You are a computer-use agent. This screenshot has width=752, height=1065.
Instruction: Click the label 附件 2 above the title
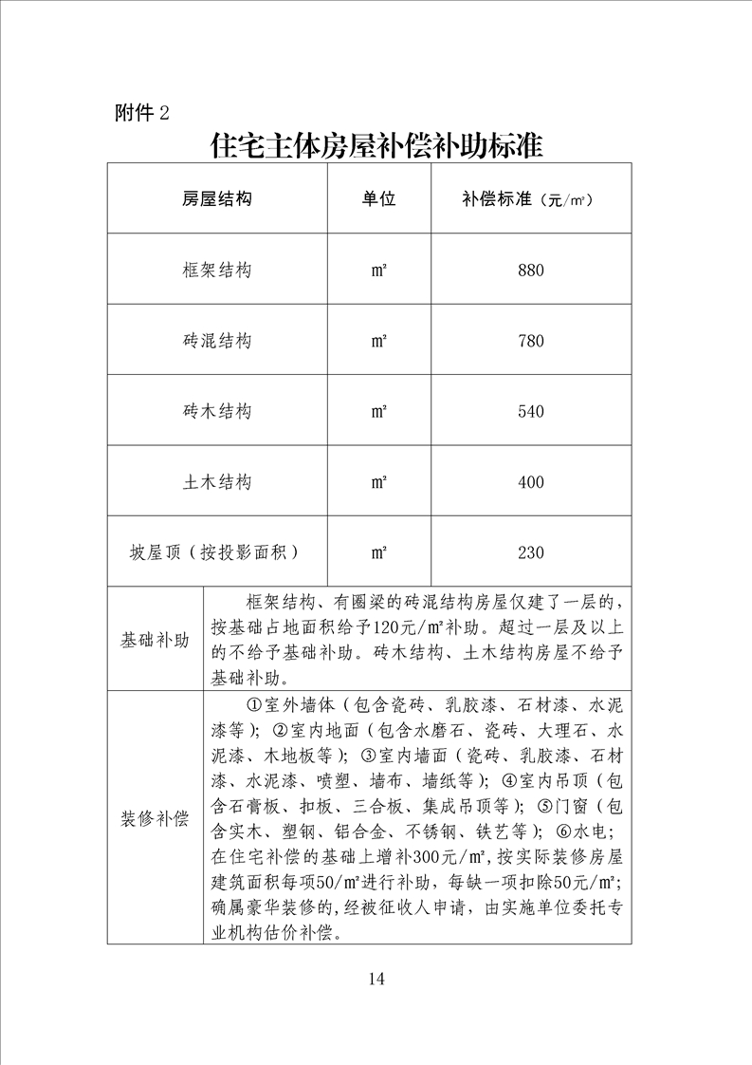141,113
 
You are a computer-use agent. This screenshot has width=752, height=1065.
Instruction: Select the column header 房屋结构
217,199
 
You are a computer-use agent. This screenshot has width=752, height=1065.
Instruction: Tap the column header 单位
378,199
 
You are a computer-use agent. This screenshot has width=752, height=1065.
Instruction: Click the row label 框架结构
217,271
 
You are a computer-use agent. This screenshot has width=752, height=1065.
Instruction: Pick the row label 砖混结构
217,341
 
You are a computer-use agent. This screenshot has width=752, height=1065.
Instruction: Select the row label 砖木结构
217,412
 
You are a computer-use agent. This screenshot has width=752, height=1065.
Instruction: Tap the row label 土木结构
217,482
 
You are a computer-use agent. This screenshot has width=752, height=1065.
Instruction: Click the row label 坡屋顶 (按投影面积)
217,552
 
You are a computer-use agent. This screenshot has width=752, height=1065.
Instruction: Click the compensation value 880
531,271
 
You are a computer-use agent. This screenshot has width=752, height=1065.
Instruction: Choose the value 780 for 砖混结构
531,341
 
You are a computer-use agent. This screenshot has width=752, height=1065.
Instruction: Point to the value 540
531,412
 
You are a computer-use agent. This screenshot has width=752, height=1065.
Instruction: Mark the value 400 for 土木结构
531,482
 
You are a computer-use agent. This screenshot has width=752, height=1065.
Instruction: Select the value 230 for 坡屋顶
531,552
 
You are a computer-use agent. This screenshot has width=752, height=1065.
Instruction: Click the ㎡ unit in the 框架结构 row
378,271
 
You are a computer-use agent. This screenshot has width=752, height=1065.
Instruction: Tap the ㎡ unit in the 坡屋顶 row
378,552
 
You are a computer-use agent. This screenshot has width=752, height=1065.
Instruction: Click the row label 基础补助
155,640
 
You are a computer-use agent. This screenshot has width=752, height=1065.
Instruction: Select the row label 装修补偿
155,819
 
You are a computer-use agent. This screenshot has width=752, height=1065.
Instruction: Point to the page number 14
376,980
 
